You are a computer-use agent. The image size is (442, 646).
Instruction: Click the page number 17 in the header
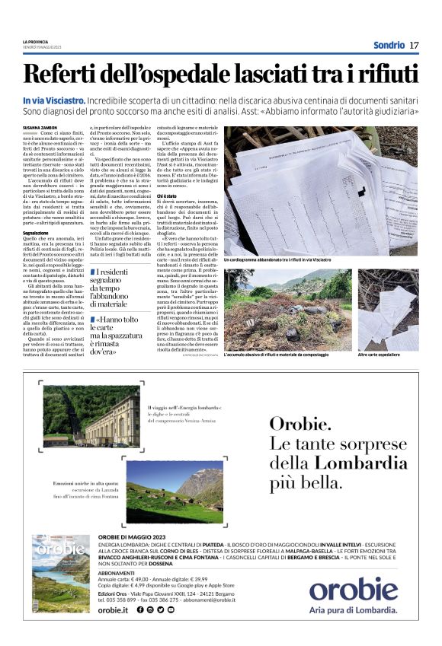click(414, 45)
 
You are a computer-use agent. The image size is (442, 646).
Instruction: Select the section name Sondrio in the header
click(389, 45)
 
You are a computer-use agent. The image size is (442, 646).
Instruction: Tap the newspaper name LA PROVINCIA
click(37, 41)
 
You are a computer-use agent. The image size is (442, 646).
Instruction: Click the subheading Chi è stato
click(167, 196)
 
